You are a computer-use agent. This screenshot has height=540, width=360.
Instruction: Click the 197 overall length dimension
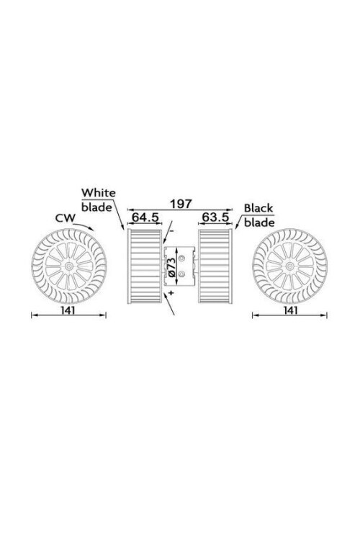181,204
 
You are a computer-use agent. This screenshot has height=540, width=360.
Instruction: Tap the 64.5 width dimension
145,217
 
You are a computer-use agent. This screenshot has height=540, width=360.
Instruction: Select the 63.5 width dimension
216,217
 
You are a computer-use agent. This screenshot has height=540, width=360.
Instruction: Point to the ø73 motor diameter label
172,266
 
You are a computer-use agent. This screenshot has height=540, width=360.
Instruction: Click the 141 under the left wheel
68,310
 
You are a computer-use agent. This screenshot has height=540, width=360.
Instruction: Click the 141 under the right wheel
290,310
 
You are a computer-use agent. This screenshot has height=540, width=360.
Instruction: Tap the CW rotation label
65,218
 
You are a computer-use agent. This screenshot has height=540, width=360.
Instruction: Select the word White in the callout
99,192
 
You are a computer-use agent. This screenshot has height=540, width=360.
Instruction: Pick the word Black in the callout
258,208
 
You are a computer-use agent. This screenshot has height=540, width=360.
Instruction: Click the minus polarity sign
171,230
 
